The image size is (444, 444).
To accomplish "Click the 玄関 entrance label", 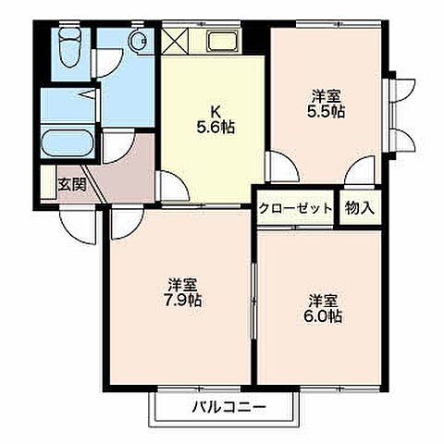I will click(x=73, y=183).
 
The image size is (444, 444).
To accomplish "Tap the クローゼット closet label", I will click(x=296, y=208).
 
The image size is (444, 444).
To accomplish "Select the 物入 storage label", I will click(x=361, y=208).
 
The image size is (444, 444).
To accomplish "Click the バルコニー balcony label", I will click(x=229, y=407).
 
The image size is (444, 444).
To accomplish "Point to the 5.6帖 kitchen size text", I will click(x=215, y=129).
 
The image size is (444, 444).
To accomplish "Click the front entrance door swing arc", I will click(x=76, y=220).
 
